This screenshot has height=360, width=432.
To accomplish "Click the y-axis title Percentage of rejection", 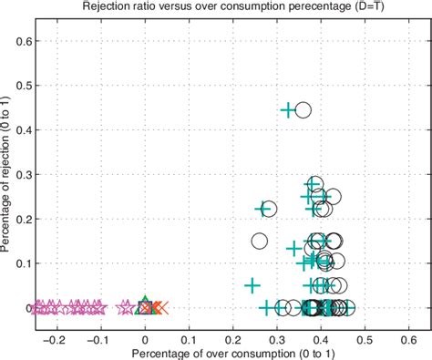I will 8,174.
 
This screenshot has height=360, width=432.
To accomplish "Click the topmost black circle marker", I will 303,109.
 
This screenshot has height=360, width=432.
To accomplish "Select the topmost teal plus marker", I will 287,109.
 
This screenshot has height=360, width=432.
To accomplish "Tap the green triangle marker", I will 143,305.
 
